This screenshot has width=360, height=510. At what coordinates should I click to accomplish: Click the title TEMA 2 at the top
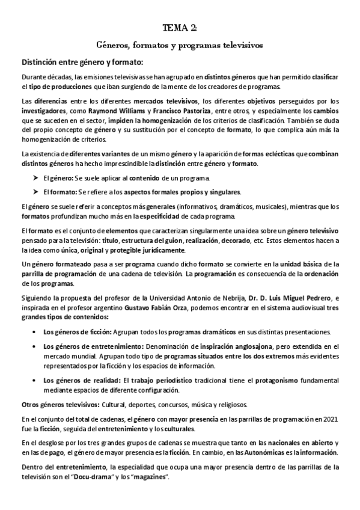[180, 28]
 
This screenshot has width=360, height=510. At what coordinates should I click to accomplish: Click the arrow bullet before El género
[35, 178]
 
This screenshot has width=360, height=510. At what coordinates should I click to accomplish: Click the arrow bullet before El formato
[35, 192]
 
